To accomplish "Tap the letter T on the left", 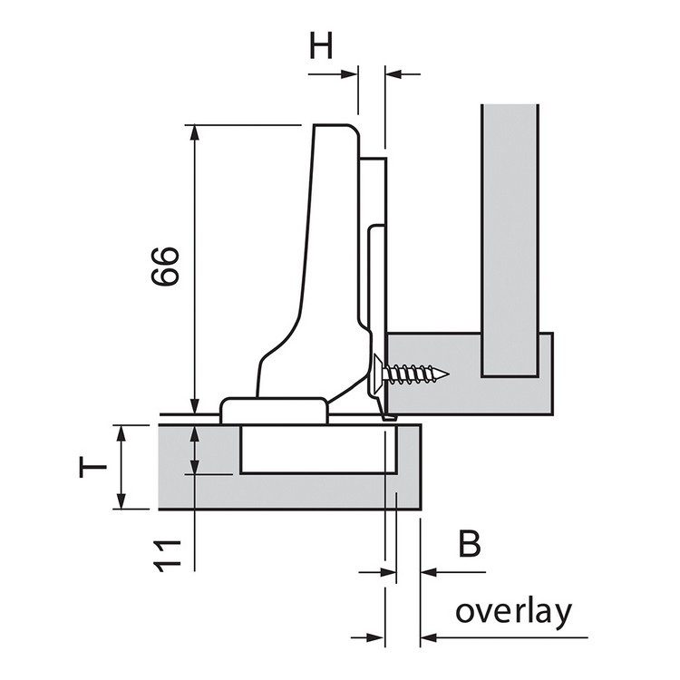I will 92,466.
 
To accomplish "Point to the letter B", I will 468,546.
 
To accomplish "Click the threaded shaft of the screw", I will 422,373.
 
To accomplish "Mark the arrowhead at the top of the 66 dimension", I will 193,132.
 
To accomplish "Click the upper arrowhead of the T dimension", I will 119,431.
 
